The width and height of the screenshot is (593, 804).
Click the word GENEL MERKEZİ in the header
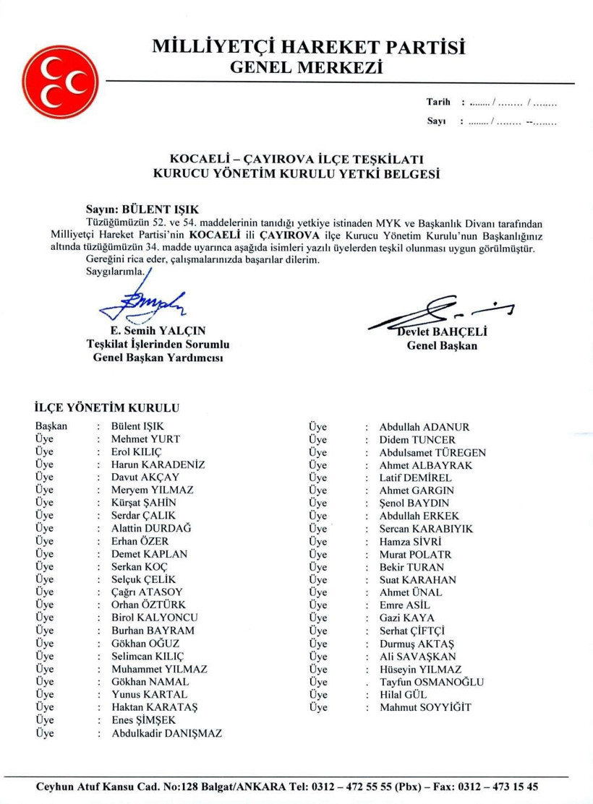coord(304,68)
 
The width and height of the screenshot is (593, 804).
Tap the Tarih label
coord(438,103)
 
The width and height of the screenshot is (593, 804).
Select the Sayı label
coord(435,121)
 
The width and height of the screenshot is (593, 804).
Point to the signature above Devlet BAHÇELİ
coord(441,311)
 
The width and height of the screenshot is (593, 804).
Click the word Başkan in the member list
coord(51,426)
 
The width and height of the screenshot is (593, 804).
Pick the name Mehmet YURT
coord(145,439)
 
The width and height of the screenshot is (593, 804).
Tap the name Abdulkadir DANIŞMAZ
coord(166,733)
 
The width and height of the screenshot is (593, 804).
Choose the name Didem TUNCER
coord(417,439)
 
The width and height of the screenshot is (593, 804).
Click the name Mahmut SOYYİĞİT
coord(425,707)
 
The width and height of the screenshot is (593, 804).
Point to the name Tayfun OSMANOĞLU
coord(432,682)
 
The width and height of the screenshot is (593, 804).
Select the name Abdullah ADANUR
coord(425,426)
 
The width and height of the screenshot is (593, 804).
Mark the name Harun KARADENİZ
coord(158,464)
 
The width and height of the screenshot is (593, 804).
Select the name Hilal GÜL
coord(402,694)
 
